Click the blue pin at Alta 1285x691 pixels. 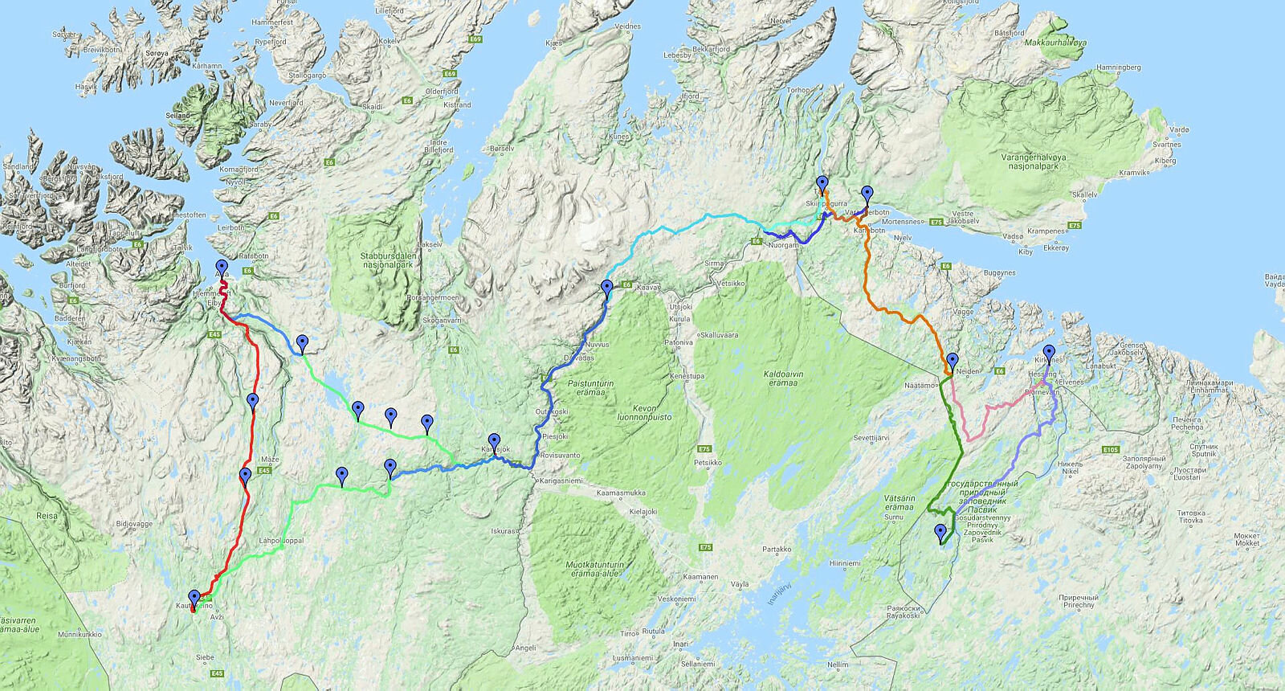[x=222, y=269]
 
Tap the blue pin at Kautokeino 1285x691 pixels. [x=194, y=599]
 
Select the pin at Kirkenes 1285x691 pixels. [x=1049, y=354]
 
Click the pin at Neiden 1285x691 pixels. [x=953, y=362]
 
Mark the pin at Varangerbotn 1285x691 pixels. [x=867, y=195]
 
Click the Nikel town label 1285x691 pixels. [x=1071, y=464]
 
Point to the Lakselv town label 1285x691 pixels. [x=430, y=243]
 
